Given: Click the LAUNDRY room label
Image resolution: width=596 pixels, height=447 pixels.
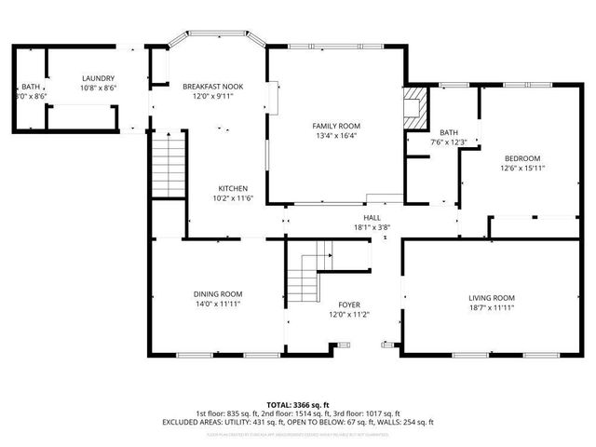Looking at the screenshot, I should coord(98,78).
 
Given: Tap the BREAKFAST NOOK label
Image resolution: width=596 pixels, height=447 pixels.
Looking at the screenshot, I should coord(212,86).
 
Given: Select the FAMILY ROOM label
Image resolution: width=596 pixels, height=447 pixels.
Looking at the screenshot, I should coord(336,126).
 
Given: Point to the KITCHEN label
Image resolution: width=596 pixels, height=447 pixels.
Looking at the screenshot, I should coord(233,188).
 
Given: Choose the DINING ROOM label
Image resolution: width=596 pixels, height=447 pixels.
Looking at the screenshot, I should coord(218,293).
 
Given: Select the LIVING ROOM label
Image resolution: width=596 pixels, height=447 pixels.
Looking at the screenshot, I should coord(491,298).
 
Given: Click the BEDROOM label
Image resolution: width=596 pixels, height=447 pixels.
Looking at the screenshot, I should coord(522,158).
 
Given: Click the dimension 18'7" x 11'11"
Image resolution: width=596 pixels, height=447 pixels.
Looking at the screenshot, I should coord(491,307).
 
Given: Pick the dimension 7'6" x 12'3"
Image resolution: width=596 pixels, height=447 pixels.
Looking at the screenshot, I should coord(448,142).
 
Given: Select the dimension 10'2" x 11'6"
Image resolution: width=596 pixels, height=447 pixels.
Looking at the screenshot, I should coord(233,197).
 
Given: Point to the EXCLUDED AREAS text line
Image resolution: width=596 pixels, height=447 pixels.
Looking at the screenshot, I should coord(298,422).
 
